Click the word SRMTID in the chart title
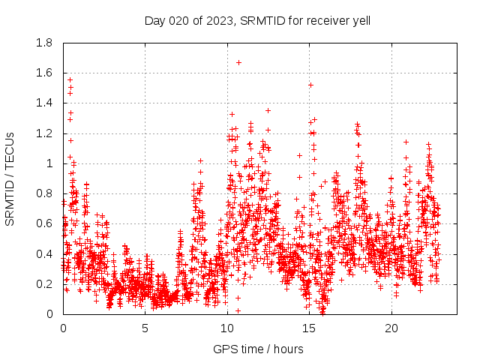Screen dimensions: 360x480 click(256, 20)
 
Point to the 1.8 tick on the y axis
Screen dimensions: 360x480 click(45, 43)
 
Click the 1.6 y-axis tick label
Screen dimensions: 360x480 click(45, 73)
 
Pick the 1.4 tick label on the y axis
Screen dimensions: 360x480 click(45, 103)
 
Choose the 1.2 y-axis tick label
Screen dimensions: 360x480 click(45, 133)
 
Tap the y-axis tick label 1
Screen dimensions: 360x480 click(50, 163)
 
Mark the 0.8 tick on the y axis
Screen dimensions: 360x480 click(45, 193)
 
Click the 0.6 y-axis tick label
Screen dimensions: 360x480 click(45, 223)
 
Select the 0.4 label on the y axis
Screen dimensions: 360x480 click(45, 253)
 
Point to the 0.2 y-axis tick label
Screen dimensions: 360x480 click(45, 284)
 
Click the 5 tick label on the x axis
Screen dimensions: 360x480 click(145, 328)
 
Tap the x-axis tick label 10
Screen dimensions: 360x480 click(227, 328)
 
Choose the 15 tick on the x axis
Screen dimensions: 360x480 click(309, 328)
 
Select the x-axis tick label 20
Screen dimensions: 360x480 click(391, 328)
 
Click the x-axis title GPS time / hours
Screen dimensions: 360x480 click(258, 349)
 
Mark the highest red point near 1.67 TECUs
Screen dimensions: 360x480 click(238, 62)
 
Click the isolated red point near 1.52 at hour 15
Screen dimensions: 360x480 click(310, 85)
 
